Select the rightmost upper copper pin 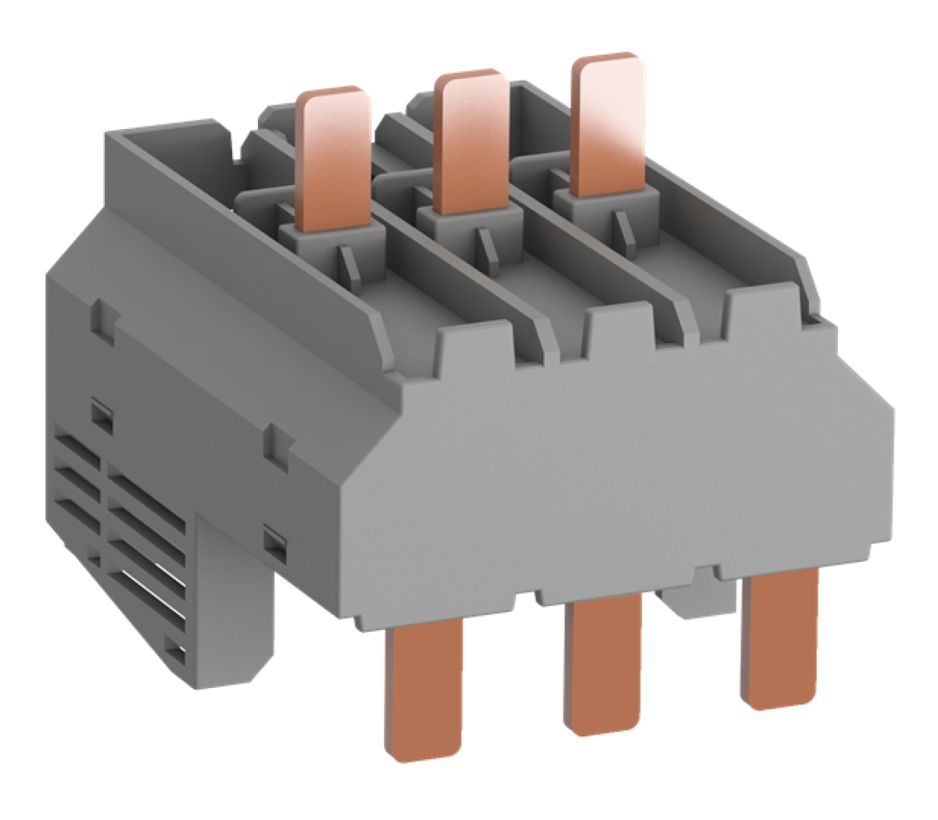point(608,125)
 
